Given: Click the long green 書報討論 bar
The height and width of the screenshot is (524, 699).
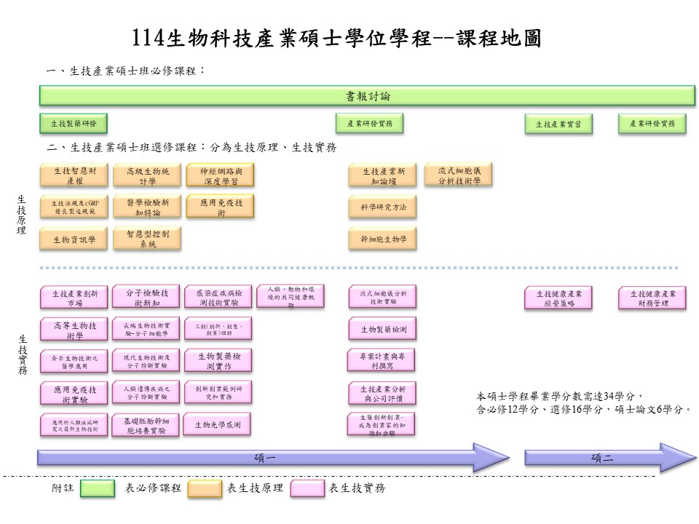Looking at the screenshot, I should (367, 95).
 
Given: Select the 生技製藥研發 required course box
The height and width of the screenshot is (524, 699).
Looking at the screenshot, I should (74, 123).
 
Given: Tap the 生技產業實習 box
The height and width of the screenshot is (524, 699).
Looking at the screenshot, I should (558, 124).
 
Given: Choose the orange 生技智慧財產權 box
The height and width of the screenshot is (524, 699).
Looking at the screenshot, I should (74, 175).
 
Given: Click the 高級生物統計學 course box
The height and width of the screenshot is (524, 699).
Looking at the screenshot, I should (147, 175).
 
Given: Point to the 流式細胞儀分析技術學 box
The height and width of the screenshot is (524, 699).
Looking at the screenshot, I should (459, 174).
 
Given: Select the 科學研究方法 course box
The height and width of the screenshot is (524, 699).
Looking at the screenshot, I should (383, 207).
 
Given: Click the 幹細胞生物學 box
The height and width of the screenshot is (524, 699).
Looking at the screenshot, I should (383, 238).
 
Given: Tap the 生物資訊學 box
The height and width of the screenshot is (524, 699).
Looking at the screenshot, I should (74, 239).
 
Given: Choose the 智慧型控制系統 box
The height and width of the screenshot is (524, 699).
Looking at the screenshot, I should (147, 239).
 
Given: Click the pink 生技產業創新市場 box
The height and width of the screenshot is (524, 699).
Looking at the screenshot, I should (74, 298).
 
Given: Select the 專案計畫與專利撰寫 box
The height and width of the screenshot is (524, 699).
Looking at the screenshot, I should (383, 361).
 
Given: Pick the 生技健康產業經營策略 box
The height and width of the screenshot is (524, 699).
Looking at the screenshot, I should (558, 298).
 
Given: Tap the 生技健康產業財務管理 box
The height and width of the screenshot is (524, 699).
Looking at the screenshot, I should (652, 298).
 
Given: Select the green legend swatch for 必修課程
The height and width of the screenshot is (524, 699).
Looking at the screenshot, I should (98, 488).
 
